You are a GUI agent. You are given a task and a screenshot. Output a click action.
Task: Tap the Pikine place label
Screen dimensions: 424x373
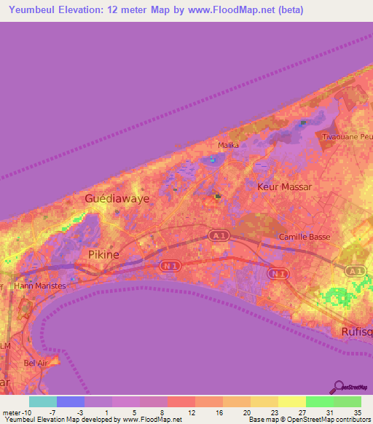[103, 254]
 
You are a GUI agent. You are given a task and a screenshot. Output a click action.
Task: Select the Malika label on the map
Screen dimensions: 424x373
[229, 145]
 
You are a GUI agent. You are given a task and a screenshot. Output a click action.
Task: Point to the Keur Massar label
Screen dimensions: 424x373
[285, 187]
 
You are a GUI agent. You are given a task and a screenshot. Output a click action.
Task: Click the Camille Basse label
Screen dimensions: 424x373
[305, 237]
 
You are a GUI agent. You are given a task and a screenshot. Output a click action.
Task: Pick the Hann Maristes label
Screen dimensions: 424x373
[40, 286]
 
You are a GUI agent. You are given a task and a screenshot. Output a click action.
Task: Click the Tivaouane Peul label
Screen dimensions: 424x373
[348, 136]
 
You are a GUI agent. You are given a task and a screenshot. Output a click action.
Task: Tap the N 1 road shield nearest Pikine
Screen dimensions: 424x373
[169, 267]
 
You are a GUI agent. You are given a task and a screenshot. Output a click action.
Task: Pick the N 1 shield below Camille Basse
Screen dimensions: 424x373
[278, 273]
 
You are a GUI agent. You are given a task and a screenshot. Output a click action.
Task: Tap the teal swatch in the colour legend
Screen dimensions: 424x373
[43, 401]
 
